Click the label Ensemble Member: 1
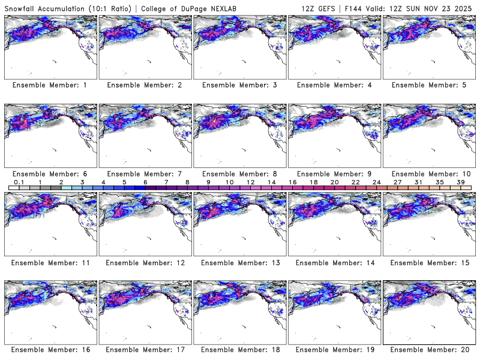50,85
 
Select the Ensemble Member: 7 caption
144,174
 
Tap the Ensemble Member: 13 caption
239,263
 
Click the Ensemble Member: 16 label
50,349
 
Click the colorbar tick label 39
460,182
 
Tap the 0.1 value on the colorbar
19,182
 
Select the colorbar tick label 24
376,182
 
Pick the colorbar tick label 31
418,182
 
